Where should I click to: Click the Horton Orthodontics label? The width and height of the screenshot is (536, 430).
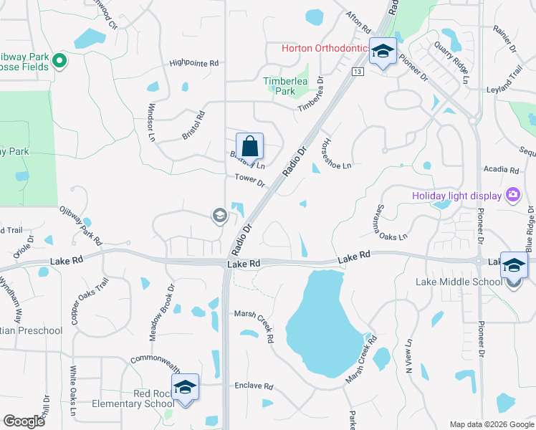coord(325,49)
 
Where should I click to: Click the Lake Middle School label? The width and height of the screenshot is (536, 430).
coord(459,282)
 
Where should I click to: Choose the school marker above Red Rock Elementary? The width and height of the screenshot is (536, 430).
coord(186,388)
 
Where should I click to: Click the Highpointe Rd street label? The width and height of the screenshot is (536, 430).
coord(193,63)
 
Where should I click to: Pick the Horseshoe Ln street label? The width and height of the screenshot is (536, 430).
coord(337,154)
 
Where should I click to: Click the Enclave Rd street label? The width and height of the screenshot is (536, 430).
coord(254,386)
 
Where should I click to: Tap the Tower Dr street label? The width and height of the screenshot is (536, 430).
coord(250,183)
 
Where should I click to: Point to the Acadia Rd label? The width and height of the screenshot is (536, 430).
coord(502,171)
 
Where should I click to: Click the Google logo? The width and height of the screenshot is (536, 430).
coord(24,421)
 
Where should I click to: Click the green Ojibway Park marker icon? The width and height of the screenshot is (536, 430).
coord(60,61)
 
